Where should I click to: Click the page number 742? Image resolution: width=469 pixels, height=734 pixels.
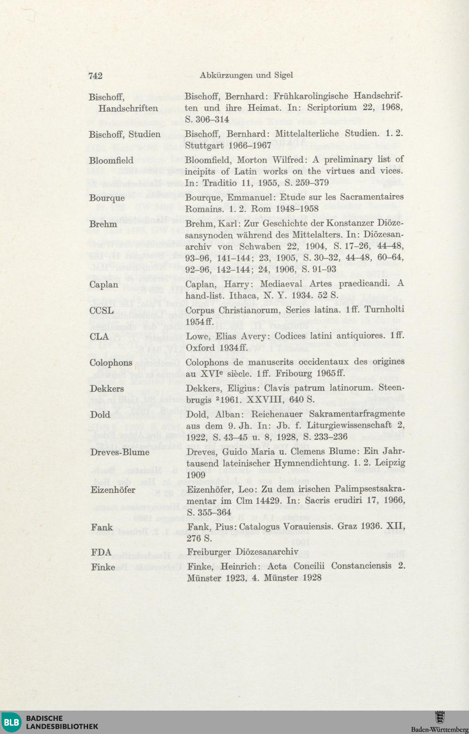95,76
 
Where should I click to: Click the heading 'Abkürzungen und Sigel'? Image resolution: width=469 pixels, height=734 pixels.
246,75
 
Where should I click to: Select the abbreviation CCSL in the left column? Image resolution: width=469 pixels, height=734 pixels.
101,311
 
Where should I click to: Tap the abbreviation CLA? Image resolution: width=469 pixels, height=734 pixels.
99,336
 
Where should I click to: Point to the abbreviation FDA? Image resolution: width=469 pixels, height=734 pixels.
101,552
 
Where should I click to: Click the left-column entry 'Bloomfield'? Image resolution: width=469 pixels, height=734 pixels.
111,160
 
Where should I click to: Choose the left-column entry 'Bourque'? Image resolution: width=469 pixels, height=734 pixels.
107,198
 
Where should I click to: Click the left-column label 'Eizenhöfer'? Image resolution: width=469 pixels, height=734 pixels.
113,490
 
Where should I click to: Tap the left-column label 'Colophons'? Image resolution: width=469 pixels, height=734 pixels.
111,363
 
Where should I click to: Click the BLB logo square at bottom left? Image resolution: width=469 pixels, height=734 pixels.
12,722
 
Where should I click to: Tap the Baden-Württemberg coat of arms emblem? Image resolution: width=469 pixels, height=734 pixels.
439,717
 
